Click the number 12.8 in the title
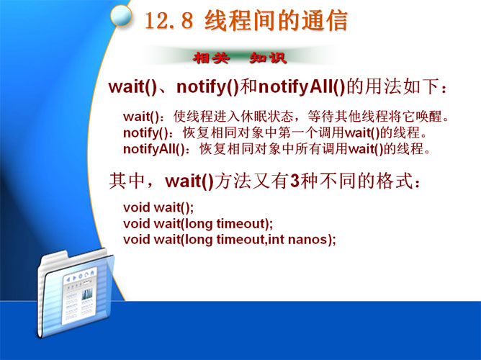pos(168,20)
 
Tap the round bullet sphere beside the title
pos(120,16)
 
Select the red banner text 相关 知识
pos(240,58)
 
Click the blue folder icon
pos(76,294)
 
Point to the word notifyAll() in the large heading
pos(302,87)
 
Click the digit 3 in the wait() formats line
pos(295,181)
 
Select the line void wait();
pos(158,208)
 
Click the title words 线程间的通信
pos(276,21)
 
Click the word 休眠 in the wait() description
pos(254,117)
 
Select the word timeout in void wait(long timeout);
pos(240,223)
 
